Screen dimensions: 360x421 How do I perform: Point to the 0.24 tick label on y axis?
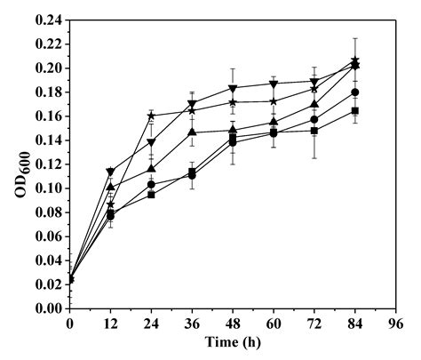[x=48, y=20]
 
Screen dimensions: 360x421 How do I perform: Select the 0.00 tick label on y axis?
[x=48, y=308]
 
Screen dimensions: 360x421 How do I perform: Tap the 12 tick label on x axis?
[x=110, y=324]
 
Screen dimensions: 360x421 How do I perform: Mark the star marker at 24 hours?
[x=151, y=116]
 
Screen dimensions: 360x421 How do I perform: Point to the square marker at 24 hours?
[x=151, y=195]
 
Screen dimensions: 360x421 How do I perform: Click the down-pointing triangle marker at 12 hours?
[x=110, y=172]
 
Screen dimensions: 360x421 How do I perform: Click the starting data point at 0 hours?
[x=69, y=279]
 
